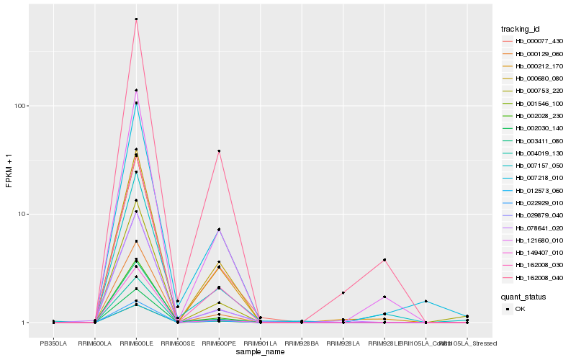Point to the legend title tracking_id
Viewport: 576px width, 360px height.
tap(521, 29)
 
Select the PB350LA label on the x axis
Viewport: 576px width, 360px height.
tap(54, 343)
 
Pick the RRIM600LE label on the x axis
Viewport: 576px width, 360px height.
tap(136, 343)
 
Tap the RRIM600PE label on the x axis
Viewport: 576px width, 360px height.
tap(219, 343)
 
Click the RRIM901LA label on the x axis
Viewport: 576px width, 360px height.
tap(260, 343)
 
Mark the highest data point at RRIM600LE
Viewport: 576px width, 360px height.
tap(136, 19)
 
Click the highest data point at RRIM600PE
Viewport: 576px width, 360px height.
tap(219, 151)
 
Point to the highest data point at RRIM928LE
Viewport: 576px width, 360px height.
tap(384, 259)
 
